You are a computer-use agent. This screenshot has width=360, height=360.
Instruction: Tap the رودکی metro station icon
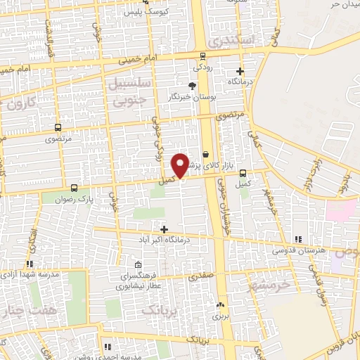coord(202,56)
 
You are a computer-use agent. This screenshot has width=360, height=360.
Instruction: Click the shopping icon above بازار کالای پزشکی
coord(205,154)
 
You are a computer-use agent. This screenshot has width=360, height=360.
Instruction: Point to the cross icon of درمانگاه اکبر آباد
coord(165,229)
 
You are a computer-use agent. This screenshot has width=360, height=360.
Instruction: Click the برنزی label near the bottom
coord(221,316)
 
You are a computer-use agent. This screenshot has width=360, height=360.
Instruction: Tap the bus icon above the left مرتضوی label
coord(58,128)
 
